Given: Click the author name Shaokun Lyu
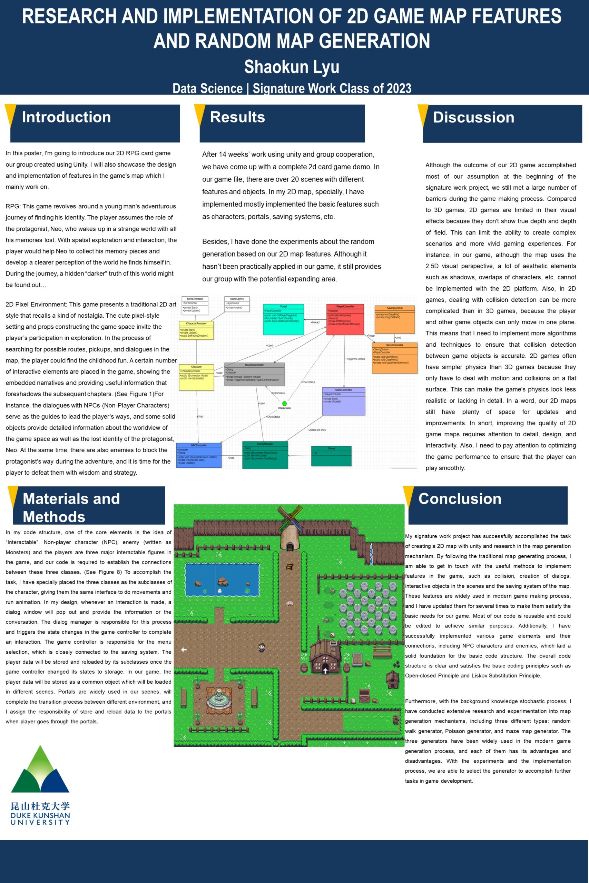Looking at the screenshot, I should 292,67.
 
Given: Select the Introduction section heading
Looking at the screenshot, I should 67,117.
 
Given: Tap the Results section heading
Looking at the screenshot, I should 237,117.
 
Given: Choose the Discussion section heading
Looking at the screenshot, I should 473,118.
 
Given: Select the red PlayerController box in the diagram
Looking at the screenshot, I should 345,319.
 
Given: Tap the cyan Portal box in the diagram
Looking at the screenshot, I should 283,319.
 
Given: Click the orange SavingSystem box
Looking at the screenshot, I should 394,319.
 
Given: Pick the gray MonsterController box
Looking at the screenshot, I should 254,374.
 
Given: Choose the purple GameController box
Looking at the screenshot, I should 343,401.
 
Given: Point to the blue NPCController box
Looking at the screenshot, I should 199,455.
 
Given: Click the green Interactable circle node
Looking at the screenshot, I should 284,404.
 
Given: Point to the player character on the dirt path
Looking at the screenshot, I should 261,647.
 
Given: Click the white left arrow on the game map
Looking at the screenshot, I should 184,649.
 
